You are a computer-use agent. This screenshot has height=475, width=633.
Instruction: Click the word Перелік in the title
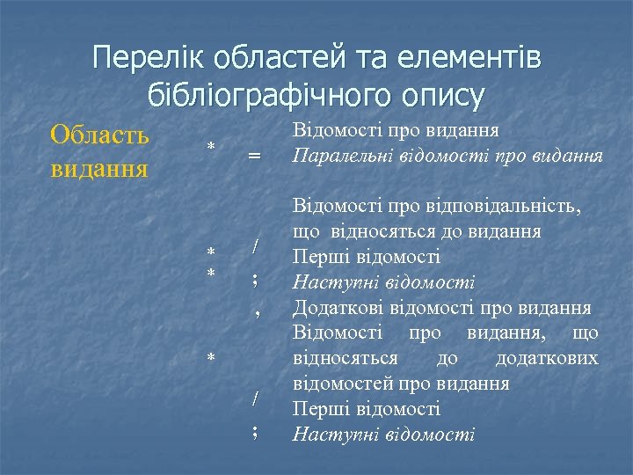143,59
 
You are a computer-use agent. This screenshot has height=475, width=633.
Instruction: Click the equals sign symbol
254,156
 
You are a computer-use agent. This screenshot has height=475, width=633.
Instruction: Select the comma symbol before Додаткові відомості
256,309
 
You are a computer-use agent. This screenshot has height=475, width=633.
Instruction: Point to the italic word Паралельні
335,157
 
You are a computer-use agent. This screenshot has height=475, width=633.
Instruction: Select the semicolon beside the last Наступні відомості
254,431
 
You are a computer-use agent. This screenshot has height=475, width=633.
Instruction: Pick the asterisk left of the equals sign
211,145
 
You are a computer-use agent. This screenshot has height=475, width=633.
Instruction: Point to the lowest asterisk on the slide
211,357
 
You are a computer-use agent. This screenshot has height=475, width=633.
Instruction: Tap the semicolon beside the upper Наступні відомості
254,280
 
